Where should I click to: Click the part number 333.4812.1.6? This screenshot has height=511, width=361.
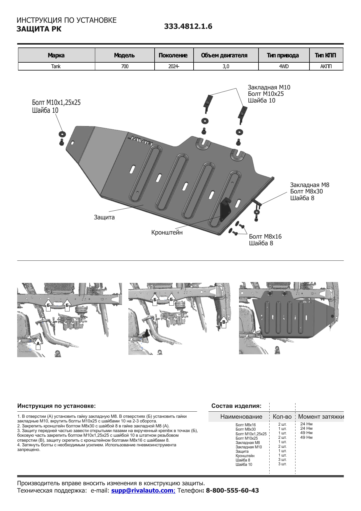click(x=188, y=26)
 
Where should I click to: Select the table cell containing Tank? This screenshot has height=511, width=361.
click(x=56, y=66)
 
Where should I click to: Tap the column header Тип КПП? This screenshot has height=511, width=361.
click(x=325, y=55)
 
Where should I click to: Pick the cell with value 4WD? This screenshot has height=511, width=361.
click(x=284, y=66)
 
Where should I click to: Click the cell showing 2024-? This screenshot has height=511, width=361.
click(x=174, y=66)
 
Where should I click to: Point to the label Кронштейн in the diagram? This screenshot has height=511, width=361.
click(x=167, y=232)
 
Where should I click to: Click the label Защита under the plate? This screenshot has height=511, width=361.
click(x=104, y=217)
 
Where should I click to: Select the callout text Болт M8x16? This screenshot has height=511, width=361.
click(x=265, y=237)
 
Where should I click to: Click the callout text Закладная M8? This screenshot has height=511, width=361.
click(x=309, y=185)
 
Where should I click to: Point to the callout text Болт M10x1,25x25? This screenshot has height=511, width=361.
click(x=56, y=103)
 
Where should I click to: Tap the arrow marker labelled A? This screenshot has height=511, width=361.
click(x=38, y=344)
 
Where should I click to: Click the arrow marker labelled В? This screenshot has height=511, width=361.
click(x=224, y=322)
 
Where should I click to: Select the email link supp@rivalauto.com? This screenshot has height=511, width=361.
click(x=142, y=490)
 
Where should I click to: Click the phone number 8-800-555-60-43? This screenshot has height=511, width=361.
click(x=232, y=490)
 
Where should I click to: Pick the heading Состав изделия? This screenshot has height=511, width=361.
click(x=236, y=406)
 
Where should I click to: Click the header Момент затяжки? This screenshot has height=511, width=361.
click(x=321, y=417)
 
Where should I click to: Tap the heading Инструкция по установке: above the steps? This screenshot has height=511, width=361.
click(x=56, y=406)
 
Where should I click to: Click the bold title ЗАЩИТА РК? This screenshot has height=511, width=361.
click(x=39, y=29)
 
